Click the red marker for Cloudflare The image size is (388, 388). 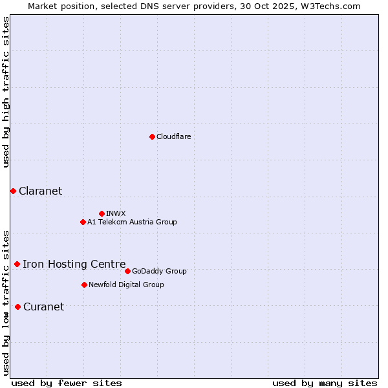[x=152, y=136]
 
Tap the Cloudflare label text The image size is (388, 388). [x=173, y=136]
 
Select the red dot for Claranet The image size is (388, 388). [x=13, y=191]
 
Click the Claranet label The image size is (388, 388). [x=40, y=191]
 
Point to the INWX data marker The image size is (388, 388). [x=102, y=213]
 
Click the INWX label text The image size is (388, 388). [x=116, y=213]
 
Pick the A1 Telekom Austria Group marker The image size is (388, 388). [x=83, y=222]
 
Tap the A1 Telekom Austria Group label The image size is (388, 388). [x=132, y=222]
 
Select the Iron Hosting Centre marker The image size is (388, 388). [x=17, y=264]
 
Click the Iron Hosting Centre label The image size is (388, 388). [x=74, y=264]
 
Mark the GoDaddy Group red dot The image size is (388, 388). [x=127, y=271]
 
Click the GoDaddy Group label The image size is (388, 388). [x=159, y=271]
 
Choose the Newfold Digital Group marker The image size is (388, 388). [x=84, y=285]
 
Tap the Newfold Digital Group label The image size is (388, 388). [x=126, y=285]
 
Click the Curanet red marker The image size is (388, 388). [x=17, y=307]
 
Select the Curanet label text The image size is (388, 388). [x=43, y=307]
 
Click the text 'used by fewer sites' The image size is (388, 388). [x=67, y=383]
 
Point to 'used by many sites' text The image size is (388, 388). [x=325, y=383]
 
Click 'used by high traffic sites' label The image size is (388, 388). [x=6, y=92]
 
